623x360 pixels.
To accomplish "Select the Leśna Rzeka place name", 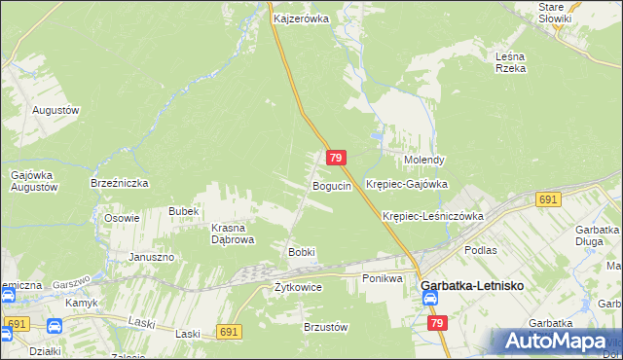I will (510, 62).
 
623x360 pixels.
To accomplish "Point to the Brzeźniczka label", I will (119, 182).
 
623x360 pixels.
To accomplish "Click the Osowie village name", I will (123, 218).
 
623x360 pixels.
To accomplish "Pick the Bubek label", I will (183, 211).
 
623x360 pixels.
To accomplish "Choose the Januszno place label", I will (151, 257).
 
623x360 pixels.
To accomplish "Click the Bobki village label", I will (301, 252).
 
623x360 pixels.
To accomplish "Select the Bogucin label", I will (331, 185).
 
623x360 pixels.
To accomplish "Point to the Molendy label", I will (424, 160).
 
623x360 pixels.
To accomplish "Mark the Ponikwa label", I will (383, 278).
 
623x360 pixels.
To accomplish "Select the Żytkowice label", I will (298, 287).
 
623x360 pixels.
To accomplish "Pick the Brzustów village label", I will (325, 328).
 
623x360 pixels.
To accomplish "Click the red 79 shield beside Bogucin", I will (335, 158).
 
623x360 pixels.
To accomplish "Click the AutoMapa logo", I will (556, 342).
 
